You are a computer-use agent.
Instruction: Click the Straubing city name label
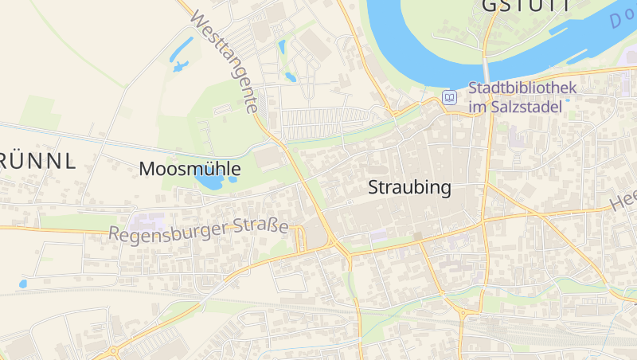(409, 188)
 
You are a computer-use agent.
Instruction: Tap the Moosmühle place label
(190, 169)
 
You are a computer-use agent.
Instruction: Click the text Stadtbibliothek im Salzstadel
(516, 97)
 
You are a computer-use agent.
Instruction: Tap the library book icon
(450, 97)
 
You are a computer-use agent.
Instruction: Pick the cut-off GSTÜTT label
(526, 6)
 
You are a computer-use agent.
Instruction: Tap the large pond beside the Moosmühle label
(209, 182)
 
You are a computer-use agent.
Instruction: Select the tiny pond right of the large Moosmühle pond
(233, 179)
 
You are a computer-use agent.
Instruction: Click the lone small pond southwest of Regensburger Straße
(23, 284)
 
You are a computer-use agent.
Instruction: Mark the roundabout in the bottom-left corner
(114, 350)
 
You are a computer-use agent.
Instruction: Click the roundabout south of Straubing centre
(463, 312)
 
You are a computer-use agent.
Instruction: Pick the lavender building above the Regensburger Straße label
(148, 219)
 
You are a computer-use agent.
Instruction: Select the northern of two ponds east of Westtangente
(282, 47)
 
